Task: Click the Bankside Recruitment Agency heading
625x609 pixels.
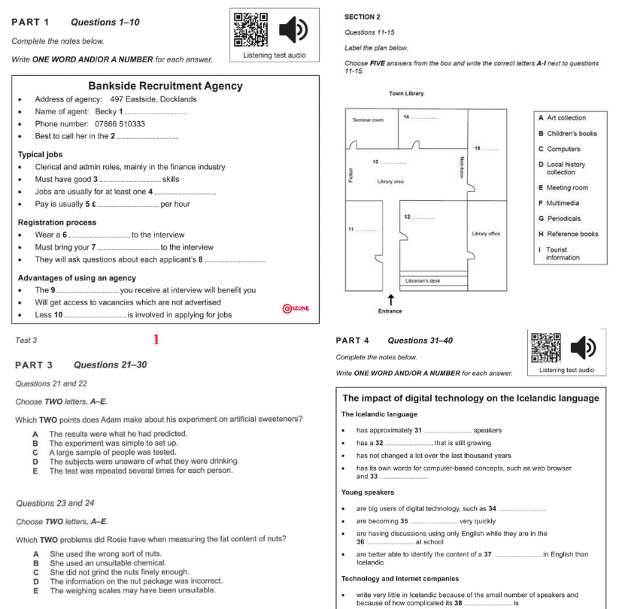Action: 165,86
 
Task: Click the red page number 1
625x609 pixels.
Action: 156,340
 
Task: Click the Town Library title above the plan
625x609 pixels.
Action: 406,94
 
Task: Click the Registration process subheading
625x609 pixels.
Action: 56,223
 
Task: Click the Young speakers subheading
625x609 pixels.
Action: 368,492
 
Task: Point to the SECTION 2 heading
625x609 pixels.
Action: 362,17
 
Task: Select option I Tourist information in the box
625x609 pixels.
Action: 563,253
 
